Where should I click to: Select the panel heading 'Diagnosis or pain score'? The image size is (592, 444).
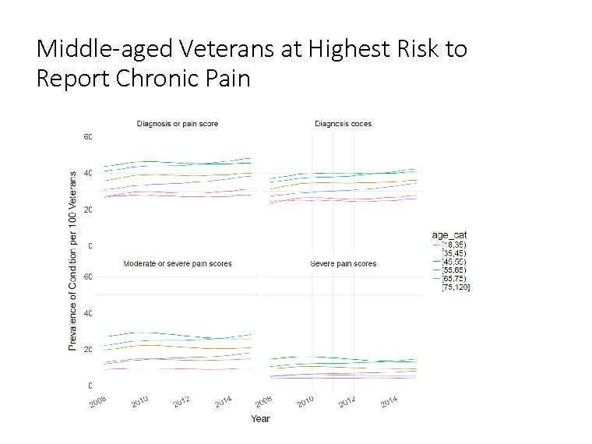tap(178, 124)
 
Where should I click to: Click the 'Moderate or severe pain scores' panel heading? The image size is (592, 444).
tap(178, 264)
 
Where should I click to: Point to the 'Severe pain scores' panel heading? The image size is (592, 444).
tap(343, 264)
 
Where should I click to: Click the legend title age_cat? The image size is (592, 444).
tap(449, 234)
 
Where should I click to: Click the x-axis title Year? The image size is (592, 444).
tap(260, 419)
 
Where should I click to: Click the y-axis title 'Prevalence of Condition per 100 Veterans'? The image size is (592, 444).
tap(73, 261)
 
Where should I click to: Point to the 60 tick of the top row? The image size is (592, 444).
tap(88, 137)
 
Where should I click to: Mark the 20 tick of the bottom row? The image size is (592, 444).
tap(88, 350)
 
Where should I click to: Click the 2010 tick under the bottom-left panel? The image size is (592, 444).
tap(139, 401)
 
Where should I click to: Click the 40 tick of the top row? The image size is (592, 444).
tap(88, 173)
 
